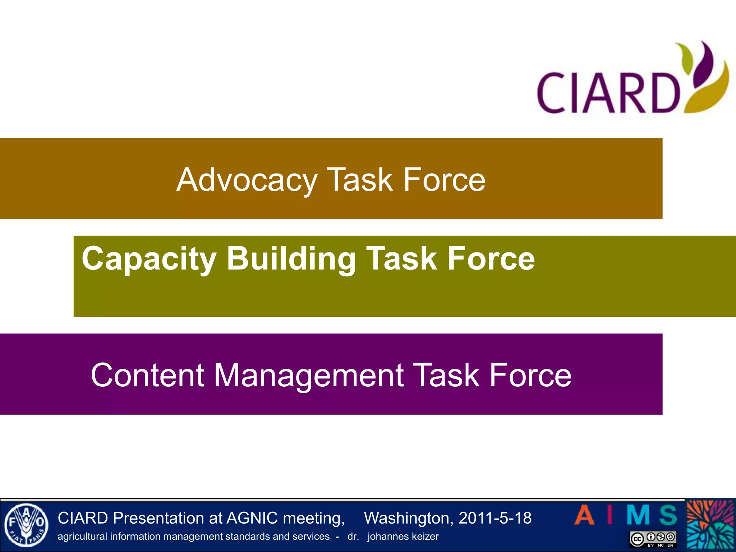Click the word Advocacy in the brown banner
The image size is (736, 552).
[x=247, y=180]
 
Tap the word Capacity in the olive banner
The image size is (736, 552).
[x=149, y=259]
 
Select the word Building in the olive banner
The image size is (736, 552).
[x=291, y=259]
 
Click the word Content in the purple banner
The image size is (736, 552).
[x=148, y=375]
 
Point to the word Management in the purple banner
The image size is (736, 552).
[x=309, y=376]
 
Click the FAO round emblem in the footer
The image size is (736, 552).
[x=26, y=525]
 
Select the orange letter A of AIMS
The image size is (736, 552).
[x=584, y=515]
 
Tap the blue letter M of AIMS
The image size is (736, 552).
[x=638, y=515]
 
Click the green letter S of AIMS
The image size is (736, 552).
[x=668, y=515]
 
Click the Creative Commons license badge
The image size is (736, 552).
[x=653, y=539]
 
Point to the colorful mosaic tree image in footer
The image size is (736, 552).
[x=710, y=525]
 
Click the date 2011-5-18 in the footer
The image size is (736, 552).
[x=495, y=518]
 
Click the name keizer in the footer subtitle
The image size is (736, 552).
[x=425, y=537]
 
